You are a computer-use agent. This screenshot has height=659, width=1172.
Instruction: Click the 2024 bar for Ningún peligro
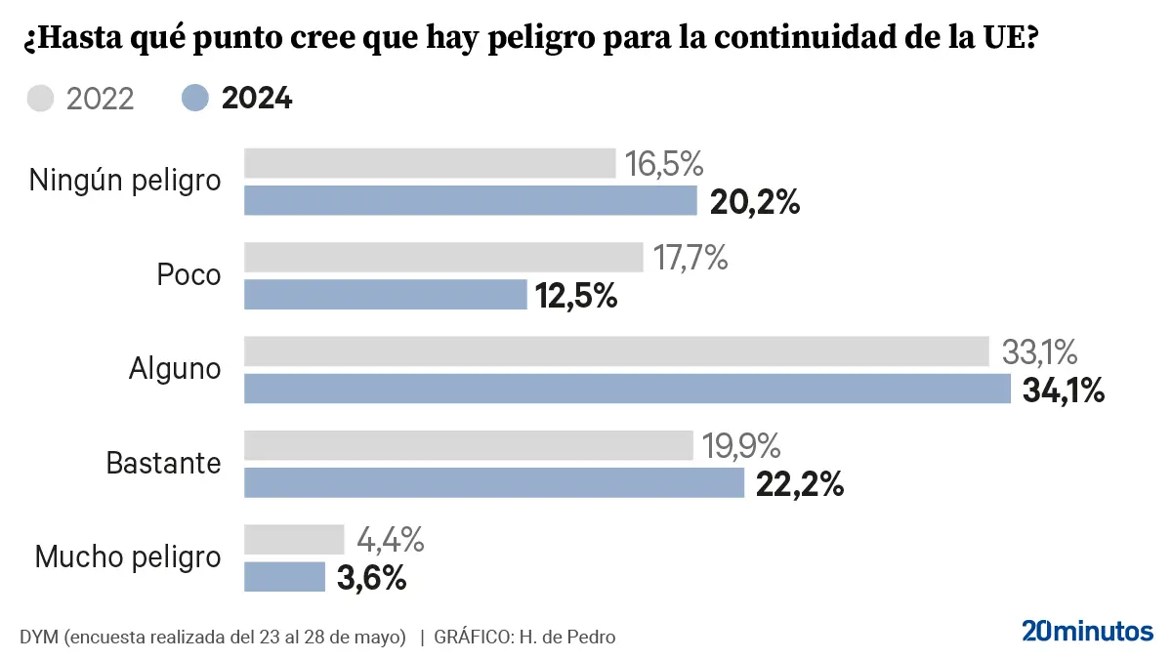[x=470, y=201]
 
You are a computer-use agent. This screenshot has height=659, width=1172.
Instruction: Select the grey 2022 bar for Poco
[x=443, y=258]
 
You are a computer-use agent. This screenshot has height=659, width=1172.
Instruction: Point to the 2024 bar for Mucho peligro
[x=284, y=577]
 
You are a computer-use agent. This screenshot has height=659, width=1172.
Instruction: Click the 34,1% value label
[x=1064, y=391]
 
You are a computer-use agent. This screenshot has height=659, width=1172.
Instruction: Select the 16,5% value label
[x=664, y=164]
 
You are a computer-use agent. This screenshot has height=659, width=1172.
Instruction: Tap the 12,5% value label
[x=577, y=296]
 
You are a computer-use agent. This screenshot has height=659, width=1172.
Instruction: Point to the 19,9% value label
[x=741, y=446]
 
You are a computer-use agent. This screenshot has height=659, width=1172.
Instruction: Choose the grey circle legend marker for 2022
[x=41, y=99]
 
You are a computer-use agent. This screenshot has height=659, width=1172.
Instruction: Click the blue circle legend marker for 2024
[x=195, y=99]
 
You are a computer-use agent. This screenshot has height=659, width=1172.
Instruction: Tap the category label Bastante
[x=164, y=464]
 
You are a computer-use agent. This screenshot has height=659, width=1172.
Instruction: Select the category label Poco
[x=189, y=276]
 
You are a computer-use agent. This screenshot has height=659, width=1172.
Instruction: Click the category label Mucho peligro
[x=128, y=558]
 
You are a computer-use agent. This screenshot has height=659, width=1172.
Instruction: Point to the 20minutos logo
[x=1087, y=631]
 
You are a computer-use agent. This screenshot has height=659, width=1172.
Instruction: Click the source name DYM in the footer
[x=38, y=638]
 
